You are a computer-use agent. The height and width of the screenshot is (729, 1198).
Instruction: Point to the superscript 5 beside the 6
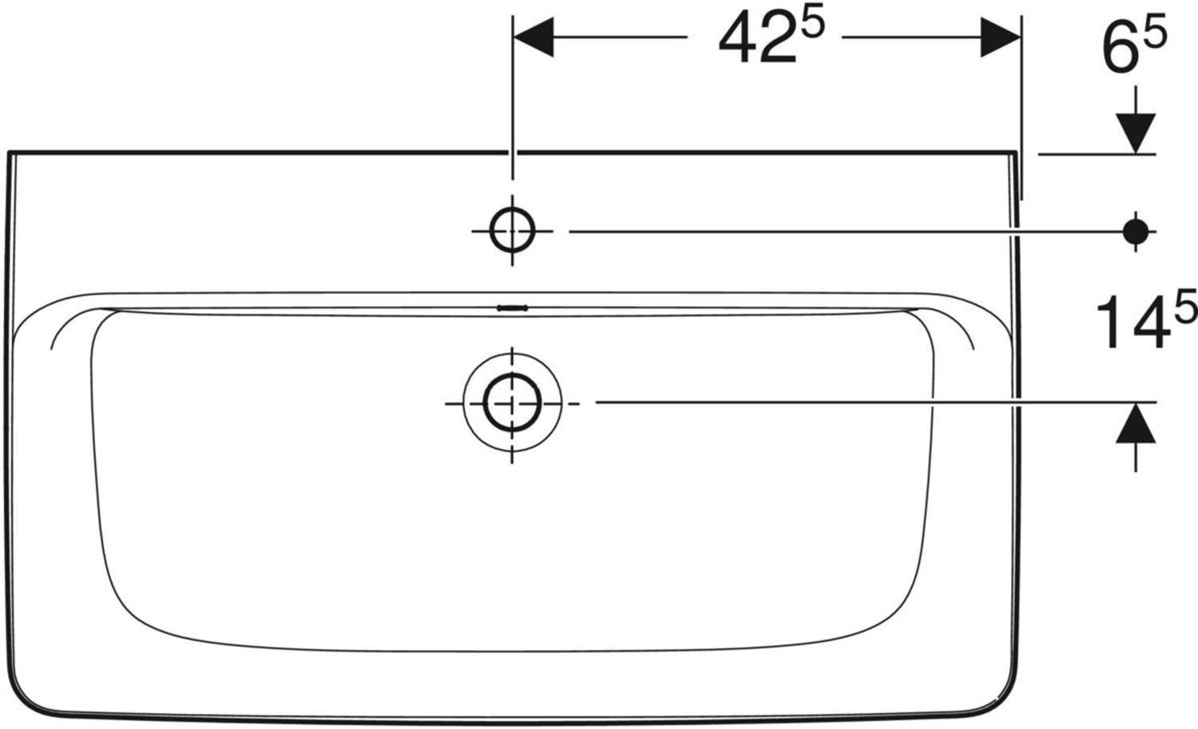tap(1155, 32)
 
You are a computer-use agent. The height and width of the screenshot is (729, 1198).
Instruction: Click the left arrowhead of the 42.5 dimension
tap(534, 37)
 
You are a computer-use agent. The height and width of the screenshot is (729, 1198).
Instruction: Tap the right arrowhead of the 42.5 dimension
tap(1001, 37)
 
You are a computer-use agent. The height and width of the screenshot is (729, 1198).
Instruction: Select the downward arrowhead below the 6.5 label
tap(1136, 133)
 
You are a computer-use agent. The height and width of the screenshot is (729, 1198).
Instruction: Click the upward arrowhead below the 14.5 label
tap(1136, 423)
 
